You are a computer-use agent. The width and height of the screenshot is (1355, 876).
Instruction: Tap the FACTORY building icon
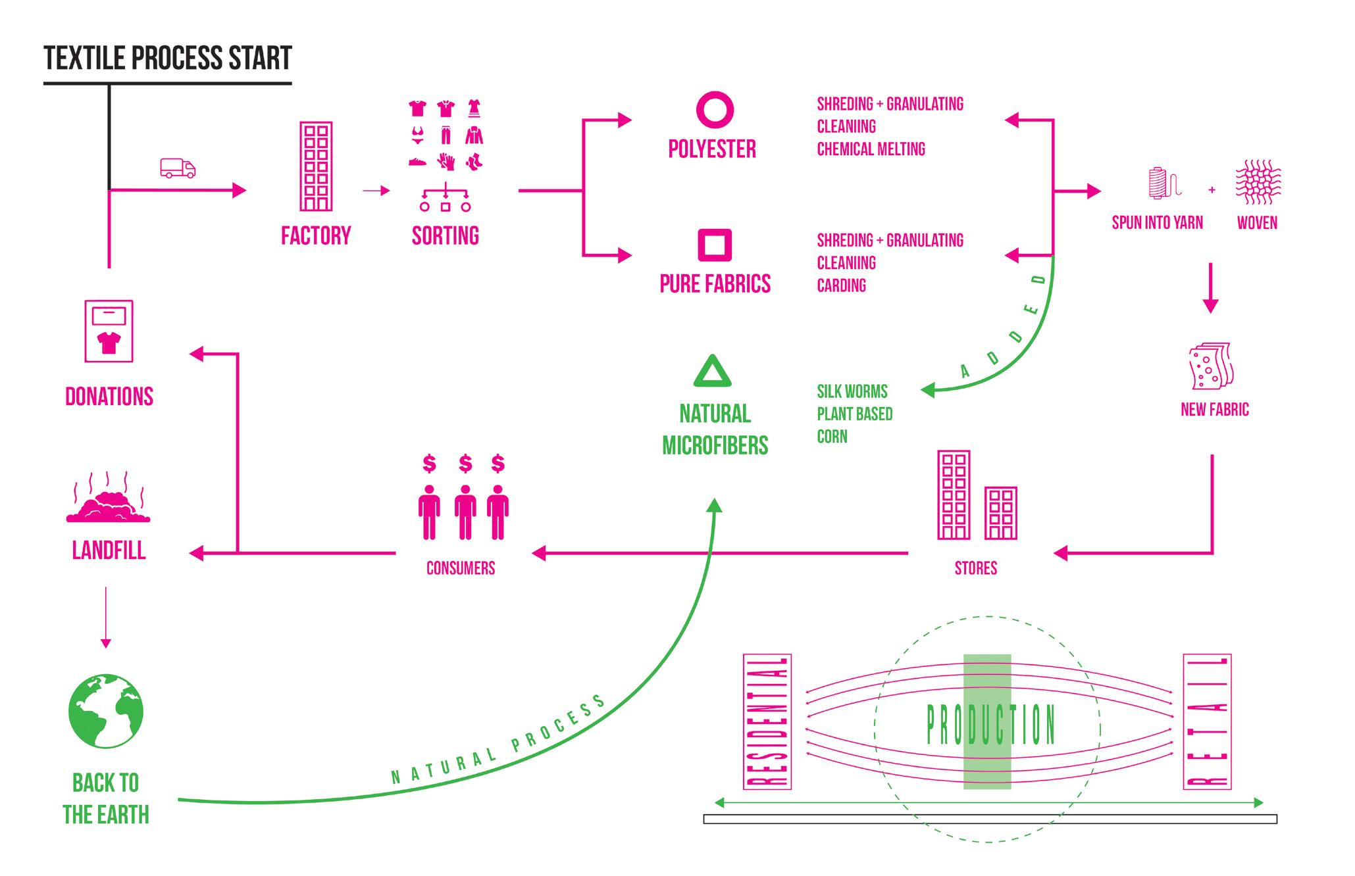coord(316,166)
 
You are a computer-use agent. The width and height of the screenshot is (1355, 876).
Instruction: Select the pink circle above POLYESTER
coord(715,109)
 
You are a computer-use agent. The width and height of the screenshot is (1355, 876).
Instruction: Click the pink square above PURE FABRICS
coord(715,245)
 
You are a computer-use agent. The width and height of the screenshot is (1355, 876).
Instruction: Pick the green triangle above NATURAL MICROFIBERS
coord(713,372)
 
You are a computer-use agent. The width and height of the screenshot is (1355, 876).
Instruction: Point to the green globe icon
coord(106,711)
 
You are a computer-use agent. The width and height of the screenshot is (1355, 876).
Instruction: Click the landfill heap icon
coord(109,505)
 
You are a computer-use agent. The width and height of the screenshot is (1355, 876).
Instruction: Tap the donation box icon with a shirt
coord(109,331)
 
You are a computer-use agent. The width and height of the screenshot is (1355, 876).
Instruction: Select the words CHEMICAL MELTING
coord(871,149)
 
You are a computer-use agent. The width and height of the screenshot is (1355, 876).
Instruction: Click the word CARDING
coord(841,285)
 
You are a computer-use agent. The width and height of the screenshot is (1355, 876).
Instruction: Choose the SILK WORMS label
coord(852,391)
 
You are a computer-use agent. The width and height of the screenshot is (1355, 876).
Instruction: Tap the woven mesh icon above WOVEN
coord(1258,182)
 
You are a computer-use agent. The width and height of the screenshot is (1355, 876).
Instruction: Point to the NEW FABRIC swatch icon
coord(1211,366)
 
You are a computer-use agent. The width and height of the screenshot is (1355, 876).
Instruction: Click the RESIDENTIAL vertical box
coord(767,721)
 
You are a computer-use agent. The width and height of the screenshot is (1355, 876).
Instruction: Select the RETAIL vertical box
coord(1207,721)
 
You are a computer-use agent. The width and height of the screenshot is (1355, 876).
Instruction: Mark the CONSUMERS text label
coord(461,568)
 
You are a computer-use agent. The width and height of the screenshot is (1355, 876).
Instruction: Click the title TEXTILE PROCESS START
coord(168,58)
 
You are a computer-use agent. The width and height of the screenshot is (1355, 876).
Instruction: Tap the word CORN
coord(832,437)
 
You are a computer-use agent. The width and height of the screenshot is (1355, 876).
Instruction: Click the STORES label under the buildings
coord(976,568)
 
